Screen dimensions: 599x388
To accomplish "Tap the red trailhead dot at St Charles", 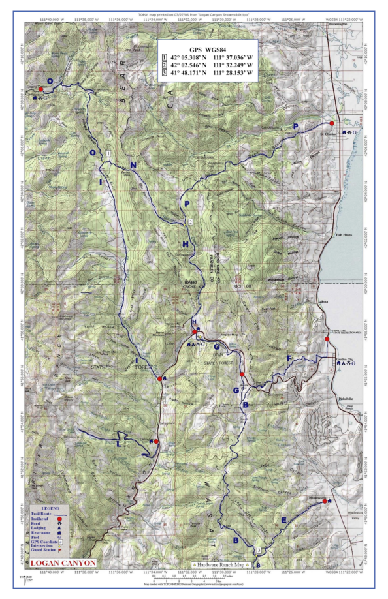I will point(332,123).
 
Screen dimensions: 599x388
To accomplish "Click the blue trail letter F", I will point(289,358).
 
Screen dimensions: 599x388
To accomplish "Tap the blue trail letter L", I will point(118,444).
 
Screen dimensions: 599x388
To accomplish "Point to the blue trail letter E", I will point(283,520).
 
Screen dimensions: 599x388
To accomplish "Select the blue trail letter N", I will point(133,166).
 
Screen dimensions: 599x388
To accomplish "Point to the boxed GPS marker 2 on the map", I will point(190,223).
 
